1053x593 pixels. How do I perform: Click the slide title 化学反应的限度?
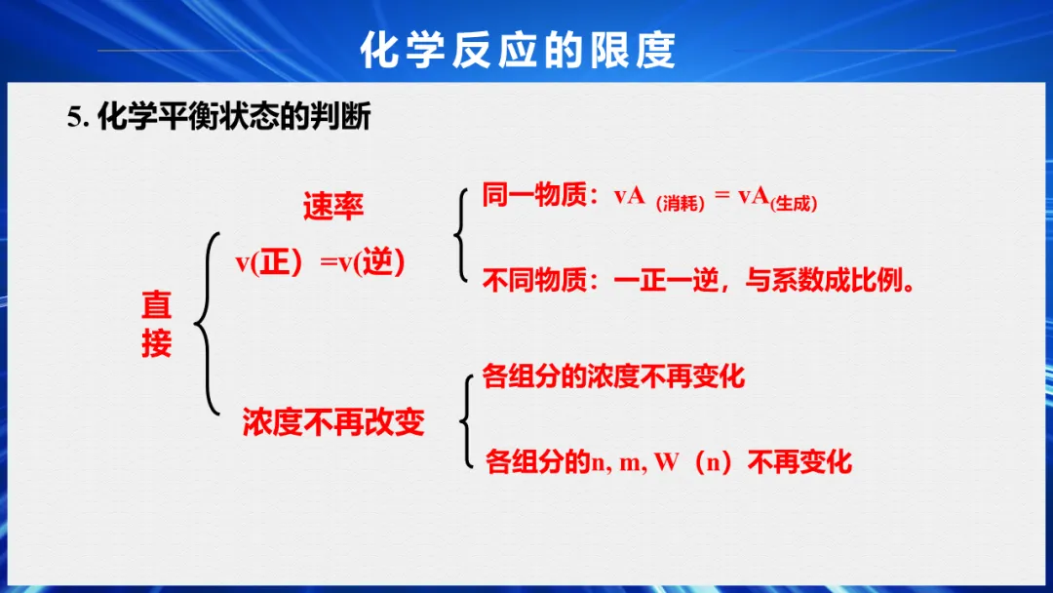click(x=518, y=50)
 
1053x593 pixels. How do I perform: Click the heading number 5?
click(x=78, y=117)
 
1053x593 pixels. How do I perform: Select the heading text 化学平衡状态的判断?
click(x=234, y=117)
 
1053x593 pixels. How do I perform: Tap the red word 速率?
click(x=333, y=206)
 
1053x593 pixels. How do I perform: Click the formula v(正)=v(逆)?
click(x=321, y=262)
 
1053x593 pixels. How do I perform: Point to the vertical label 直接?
click(x=156, y=324)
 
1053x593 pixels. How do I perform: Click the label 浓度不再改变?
click(x=333, y=422)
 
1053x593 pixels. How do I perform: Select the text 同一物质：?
click(x=540, y=195)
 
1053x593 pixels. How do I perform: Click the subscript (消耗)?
click(x=681, y=204)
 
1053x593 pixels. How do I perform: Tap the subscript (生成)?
click(x=794, y=204)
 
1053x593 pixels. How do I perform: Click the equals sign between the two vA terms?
click(x=721, y=195)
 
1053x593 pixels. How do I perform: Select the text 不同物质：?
click(x=540, y=280)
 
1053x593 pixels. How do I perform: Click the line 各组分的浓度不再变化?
click(x=613, y=376)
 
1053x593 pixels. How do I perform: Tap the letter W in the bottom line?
click(x=667, y=462)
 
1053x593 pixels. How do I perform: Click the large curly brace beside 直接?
click(x=207, y=324)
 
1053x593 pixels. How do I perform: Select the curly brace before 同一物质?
click(x=460, y=235)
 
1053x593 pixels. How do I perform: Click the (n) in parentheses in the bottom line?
click(x=713, y=462)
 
